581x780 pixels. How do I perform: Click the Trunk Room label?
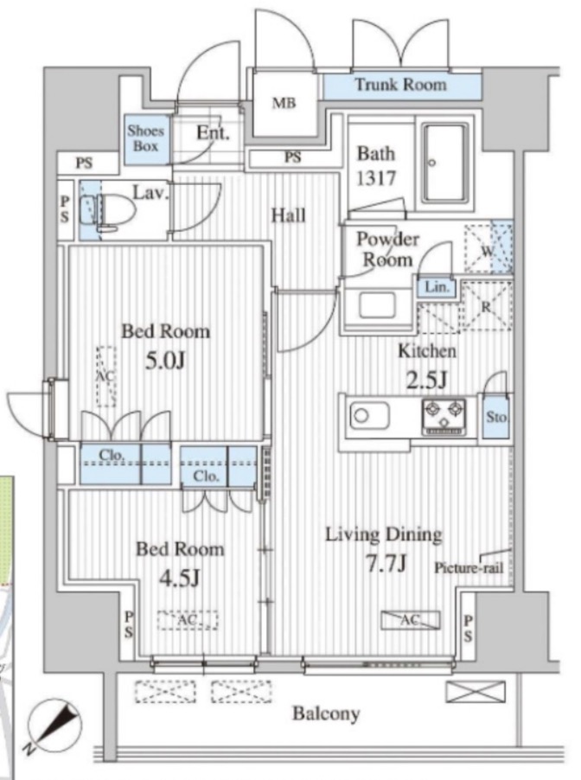pos(400,85)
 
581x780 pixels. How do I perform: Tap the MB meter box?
pos(284,103)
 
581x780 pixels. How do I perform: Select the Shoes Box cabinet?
pos(146,139)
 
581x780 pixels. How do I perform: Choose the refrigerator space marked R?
pos(487,305)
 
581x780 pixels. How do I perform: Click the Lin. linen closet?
pos(437,288)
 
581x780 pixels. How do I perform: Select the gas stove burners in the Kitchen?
pos(444,417)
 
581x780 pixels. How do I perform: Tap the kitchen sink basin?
pos(369,415)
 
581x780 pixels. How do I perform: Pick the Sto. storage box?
pos(496,416)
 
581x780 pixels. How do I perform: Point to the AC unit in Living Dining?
pos(411,620)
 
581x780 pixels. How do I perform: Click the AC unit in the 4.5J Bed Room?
pos(188,620)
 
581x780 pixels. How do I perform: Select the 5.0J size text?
pos(165,360)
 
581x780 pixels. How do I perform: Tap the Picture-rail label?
pos(469,567)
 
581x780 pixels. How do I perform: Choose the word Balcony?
pos(326,713)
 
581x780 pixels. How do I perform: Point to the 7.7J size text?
pos(386,563)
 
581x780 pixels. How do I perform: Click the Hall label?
pos(289,215)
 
